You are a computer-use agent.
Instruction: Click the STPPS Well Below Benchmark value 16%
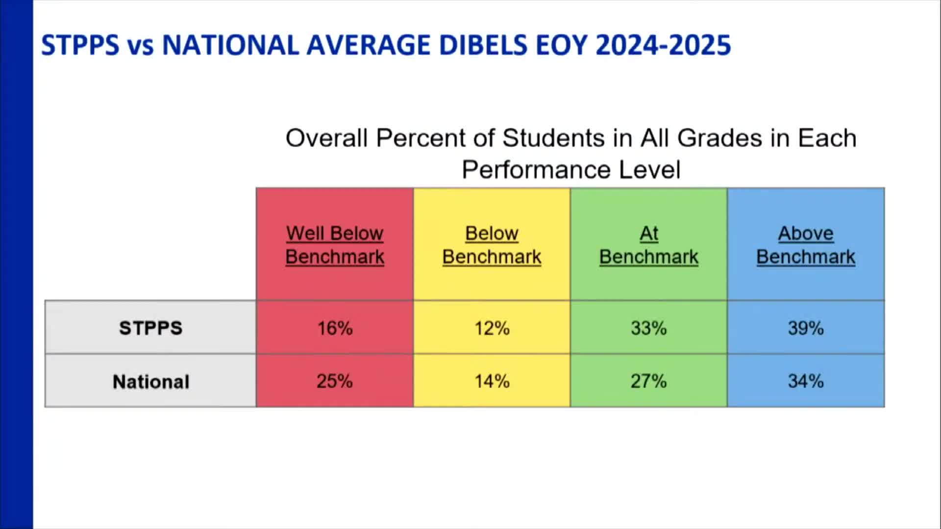pyautogui.click(x=335, y=328)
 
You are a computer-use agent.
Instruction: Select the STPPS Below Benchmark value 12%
pyautogui.click(x=492, y=328)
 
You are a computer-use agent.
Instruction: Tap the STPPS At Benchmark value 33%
pyautogui.click(x=648, y=328)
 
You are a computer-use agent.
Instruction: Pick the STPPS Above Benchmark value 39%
pyautogui.click(x=806, y=328)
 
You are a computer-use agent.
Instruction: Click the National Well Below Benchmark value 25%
pyautogui.click(x=335, y=381)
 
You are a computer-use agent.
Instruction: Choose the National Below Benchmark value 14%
pyautogui.click(x=492, y=381)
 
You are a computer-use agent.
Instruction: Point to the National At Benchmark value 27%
pyautogui.click(x=648, y=381)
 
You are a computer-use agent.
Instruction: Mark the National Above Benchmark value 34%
pyautogui.click(x=806, y=381)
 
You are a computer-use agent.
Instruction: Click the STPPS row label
pyautogui.click(x=150, y=328)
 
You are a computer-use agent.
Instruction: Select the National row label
pyautogui.click(x=151, y=382)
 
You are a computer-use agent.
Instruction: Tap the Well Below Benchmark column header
pyautogui.click(x=335, y=245)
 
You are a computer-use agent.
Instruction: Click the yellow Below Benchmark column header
pyautogui.click(x=492, y=245)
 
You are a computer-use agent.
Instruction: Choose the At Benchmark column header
pyautogui.click(x=648, y=245)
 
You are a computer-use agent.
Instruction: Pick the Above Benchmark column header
pyautogui.click(x=806, y=245)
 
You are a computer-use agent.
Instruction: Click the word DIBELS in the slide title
pyautogui.click(x=483, y=45)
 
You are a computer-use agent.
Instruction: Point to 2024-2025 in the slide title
pyautogui.click(x=663, y=45)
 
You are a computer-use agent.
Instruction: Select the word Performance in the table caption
pyautogui.click(x=536, y=170)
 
